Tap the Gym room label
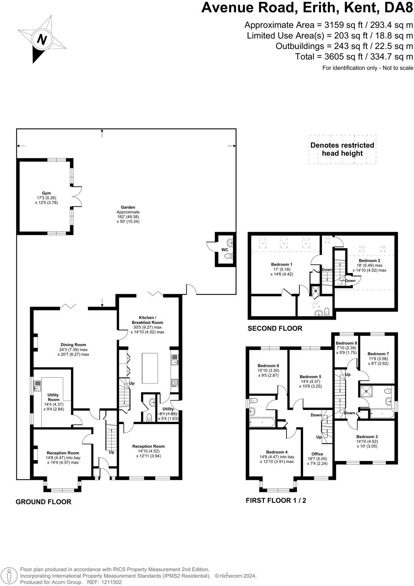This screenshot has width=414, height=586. (x=46, y=193)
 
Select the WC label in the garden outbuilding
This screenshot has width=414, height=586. (x=225, y=250)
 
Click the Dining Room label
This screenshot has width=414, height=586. (x=73, y=345)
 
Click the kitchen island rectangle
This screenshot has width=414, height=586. (x=150, y=368)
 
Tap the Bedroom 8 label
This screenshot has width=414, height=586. (x=346, y=343)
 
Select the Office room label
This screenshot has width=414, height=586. (x=317, y=454)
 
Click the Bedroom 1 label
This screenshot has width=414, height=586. (x=282, y=264)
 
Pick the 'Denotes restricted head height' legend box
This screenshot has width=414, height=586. (x=342, y=150)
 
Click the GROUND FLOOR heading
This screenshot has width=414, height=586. (x=43, y=502)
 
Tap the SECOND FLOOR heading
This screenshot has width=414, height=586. (x=275, y=328)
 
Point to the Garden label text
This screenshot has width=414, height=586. (x=128, y=207)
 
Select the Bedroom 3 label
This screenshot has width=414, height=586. (x=367, y=436)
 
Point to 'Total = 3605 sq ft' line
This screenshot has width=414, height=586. (x=354, y=57)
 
